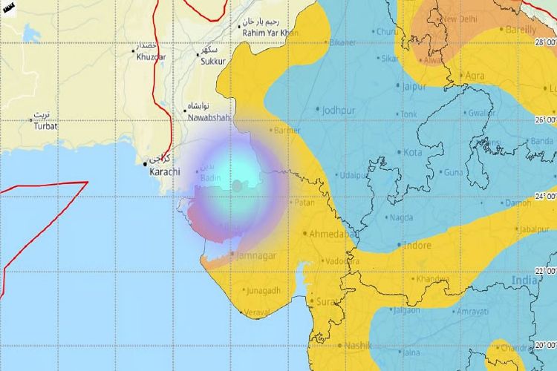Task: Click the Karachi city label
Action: coord(165,172)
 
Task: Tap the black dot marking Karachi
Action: coord(145,163)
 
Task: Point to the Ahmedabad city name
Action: coord(329,233)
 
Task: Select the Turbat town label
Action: coord(45,126)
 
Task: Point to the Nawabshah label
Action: coord(208,117)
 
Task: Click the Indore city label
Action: coord(417,244)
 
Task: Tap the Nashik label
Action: coord(359,346)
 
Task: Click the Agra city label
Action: coord(475,76)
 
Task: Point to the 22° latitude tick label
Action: coord(544,269)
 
